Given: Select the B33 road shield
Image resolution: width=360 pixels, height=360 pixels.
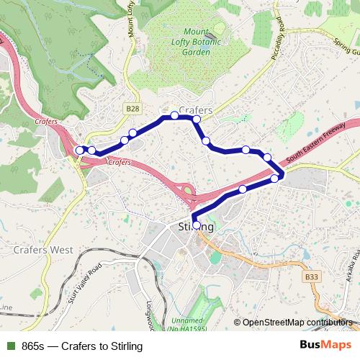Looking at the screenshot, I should pos(312,276).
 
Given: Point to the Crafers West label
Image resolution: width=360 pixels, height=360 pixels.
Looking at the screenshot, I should pos(42,250).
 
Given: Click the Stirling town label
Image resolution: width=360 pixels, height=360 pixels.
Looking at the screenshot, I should pos(195,227).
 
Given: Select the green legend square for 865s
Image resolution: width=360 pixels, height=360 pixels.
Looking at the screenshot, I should pos(10,346).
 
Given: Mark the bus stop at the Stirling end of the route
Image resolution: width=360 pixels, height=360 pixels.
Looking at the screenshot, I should pos(196,225).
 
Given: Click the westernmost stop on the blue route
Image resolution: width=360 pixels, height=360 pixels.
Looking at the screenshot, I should pos(79,150).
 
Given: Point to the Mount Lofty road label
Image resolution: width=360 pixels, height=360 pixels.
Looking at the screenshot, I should pos(132,22).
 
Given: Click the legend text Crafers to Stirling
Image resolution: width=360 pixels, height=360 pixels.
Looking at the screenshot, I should pos(102,346).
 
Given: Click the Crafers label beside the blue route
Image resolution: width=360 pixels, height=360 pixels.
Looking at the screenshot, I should pos(195,110).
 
